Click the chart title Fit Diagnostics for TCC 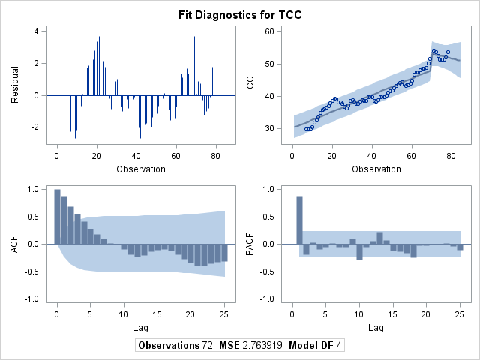240,15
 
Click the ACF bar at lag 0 57,217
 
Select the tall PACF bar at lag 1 299,220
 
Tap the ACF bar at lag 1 64,220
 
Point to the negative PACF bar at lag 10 359,252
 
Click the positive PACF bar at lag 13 379,238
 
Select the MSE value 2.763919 262,345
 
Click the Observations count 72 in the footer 207,345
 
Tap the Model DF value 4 338,345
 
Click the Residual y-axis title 15,85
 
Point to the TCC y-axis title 250,85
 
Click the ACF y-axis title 15,244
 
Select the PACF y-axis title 250,244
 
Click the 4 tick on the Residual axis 37,31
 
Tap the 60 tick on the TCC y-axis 269,31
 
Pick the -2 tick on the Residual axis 34,127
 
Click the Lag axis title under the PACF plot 376,328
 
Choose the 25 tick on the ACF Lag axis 224,314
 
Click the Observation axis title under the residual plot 141,169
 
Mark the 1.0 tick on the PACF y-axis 268,190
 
